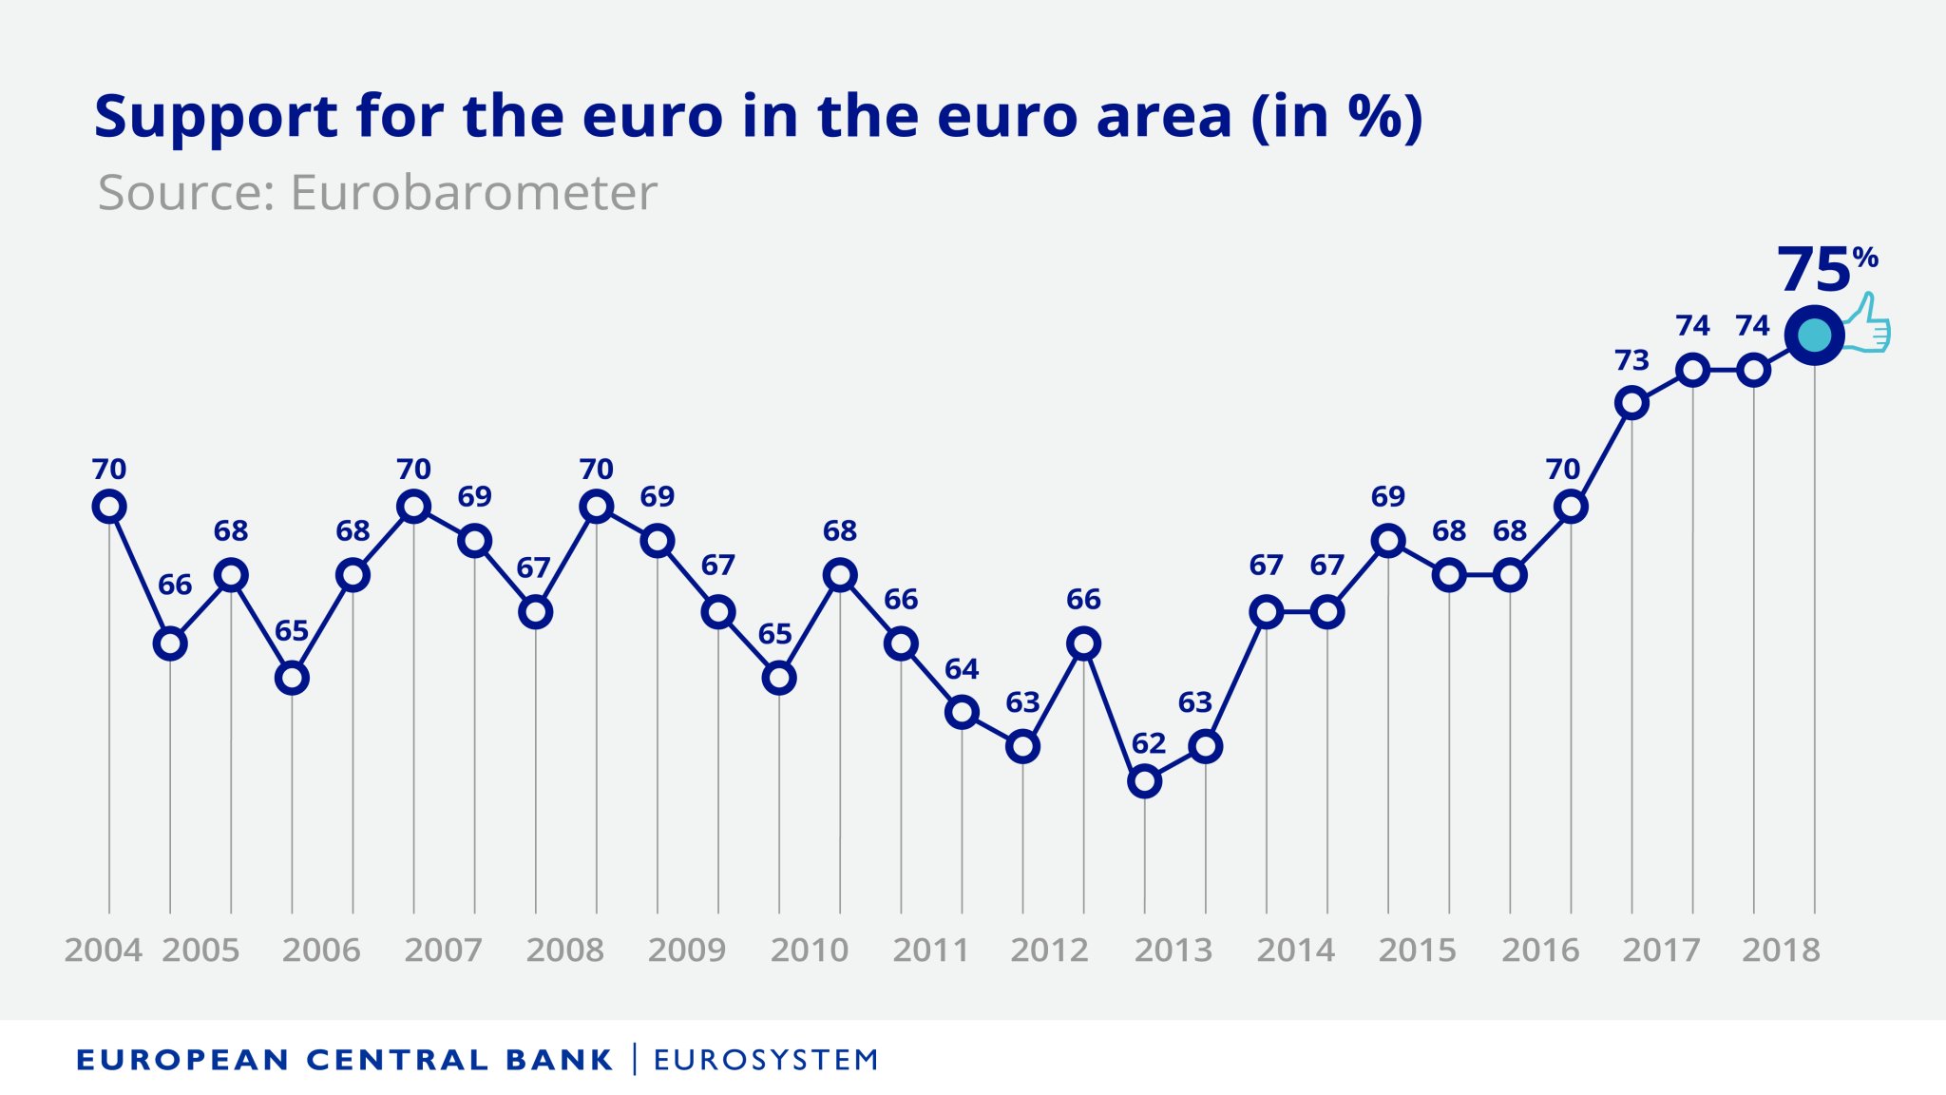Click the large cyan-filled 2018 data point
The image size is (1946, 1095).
pos(1814,336)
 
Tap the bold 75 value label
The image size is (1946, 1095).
pos(1814,270)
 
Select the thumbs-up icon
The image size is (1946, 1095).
pos(1867,324)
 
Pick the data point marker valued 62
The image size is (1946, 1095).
pos(1145,781)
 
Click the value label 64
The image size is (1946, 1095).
pos(962,669)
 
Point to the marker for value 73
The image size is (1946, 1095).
pos(1631,403)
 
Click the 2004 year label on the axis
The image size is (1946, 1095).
pos(103,950)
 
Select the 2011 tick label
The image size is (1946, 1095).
pos(930,950)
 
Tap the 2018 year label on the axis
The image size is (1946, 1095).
pos(1781,950)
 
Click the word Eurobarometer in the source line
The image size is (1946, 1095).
pos(473,193)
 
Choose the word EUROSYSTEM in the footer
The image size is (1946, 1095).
pos(766,1060)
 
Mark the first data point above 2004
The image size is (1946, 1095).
pos(109,507)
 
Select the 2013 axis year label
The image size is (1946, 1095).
pos(1173,950)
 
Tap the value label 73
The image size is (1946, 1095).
pos(1631,360)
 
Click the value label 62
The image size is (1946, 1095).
pos(1148,743)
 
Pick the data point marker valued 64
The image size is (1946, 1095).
pos(962,712)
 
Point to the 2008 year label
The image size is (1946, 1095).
pos(565,950)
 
